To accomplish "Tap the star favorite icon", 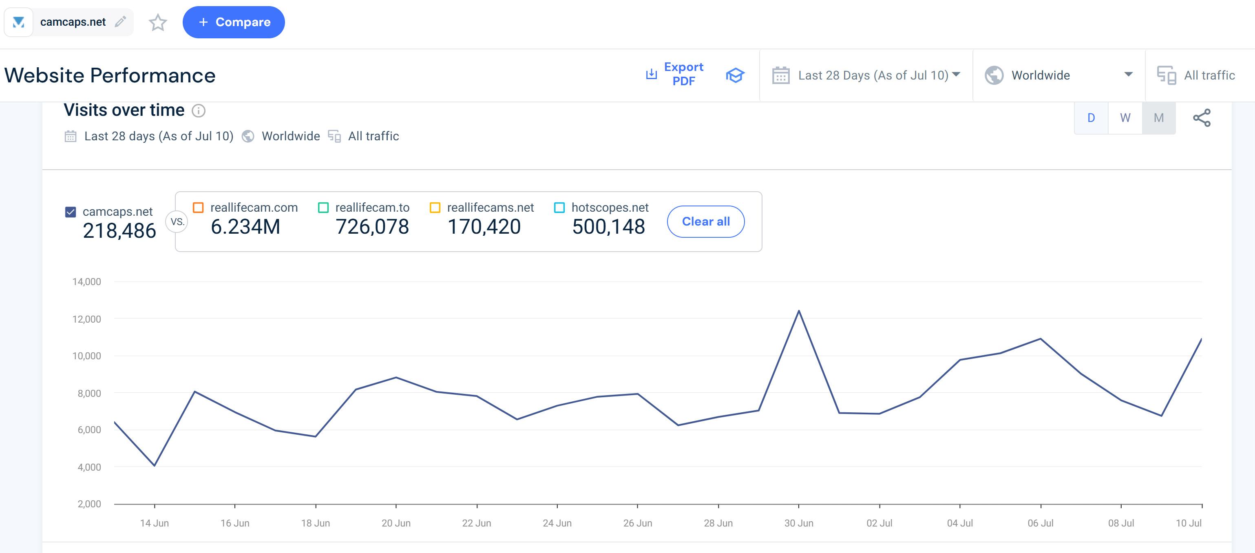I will [x=158, y=22].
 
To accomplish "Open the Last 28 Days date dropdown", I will [x=866, y=75].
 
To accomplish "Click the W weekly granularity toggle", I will [x=1125, y=118].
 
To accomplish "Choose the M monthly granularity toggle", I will [x=1158, y=118].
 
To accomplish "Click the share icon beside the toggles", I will [x=1202, y=118].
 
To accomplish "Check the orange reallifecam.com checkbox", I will [x=198, y=208].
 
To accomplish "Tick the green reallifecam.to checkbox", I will [x=323, y=208].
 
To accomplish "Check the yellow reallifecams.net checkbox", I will [x=435, y=208].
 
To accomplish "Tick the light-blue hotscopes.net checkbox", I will [x=559, y=208].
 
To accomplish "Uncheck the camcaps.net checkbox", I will [x=71, y=212].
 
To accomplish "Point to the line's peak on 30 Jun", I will [x=798, y=311].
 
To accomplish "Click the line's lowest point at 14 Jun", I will [x=155, y=466].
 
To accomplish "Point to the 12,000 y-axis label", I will [x=87, y=319].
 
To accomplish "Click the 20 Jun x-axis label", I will [x=396, y=523].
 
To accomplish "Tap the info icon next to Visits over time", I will [x=198, y=111].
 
